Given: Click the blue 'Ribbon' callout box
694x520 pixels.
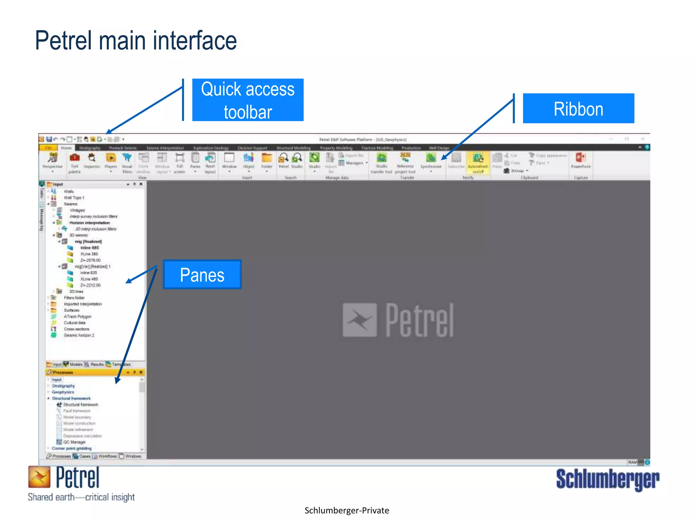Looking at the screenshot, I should pyautogui.click(x=578, y=109).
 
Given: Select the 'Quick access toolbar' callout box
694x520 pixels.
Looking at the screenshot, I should pyautogui.click(x=248, y=100).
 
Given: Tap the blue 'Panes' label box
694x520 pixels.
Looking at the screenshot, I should pyautogui.click(x=202, y=275).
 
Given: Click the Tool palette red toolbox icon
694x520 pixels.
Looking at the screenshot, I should pyautogui.click(x=75, y=158).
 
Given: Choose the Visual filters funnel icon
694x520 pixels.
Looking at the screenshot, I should pyautogui.click(x=127, y=158).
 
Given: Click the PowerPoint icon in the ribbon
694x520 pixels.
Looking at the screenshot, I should pyautogui.click(x=580, y=158).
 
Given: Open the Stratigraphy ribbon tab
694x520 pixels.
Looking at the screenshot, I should pyautogui.click(x=90, y=148).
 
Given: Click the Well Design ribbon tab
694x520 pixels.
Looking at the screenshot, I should pyautogui.click(x=439, y=148).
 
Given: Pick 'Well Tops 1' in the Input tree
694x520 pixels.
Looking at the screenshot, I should pyautogui.click(x=74, y=198).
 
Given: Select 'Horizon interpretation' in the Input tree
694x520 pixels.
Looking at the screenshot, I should pyautogui.click(x=90, y=223).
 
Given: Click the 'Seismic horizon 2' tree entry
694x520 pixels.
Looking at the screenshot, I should pyautogui.click(x=79, y=335).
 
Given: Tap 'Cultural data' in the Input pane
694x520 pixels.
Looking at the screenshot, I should pyautogui.click(x=75, y=323).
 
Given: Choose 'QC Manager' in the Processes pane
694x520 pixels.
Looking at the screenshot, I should pyautogui.click(x=75, y=442).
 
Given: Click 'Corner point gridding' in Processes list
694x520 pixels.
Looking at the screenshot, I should pyautogui.click(x=72, y=449).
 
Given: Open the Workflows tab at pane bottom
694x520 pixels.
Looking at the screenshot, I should pyautogui.click(x=107, y=456).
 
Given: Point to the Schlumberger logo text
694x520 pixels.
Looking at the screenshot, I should pyautogui.click(x=608, y=479).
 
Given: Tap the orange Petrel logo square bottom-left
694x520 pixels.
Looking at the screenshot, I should pyautogui.click(x=39, y=477).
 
